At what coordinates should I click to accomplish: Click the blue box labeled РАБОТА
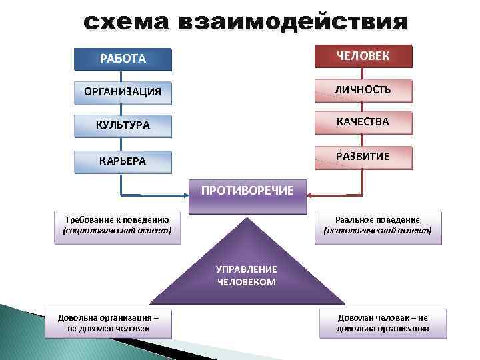point(123,59)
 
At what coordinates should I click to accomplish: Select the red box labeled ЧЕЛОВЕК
point(363,56)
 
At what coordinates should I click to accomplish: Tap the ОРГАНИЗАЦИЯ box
point(123,91)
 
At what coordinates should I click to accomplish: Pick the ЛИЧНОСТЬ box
point(363,89)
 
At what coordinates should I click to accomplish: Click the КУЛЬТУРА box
point(123,125)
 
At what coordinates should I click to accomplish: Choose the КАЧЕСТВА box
point(363,122)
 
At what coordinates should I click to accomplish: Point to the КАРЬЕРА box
point(123,161)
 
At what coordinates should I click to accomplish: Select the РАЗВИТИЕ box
point(363,157)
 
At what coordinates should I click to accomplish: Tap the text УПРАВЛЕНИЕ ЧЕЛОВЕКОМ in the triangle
point(247,275)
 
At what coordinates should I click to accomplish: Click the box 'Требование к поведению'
point(117,225)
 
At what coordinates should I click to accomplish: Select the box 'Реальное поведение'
point(377,225)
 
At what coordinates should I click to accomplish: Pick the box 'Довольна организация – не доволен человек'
point(109,323)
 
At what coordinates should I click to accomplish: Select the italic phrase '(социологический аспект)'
point(117,231)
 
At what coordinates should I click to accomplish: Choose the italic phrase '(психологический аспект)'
point(377,231)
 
